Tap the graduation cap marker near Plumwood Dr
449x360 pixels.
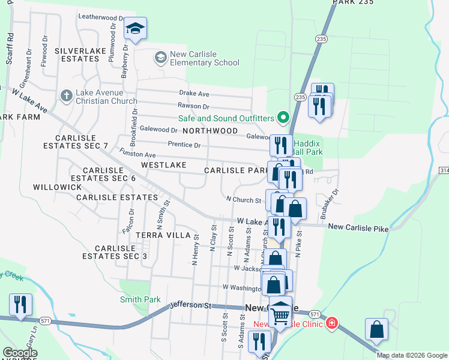[x=136, y=29]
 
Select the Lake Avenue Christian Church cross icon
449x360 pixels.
[x=66, y=95]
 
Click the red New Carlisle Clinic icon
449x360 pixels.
[x=331, y=324]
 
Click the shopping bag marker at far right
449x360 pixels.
[x=376, y=329]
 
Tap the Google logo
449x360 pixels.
[x=20, y=353]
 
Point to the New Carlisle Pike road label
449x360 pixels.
[x=358, y=227]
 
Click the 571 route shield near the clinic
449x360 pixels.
[x=315, y=314]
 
